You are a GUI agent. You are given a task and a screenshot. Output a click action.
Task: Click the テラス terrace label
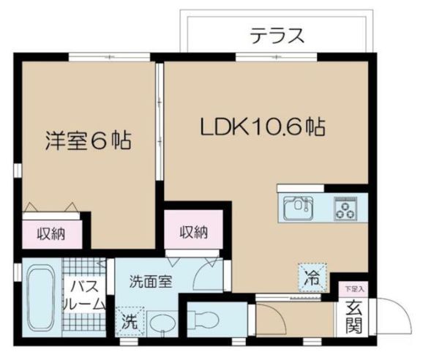(x=276, y=34)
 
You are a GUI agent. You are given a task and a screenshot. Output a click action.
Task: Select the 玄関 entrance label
(x=354, y=318)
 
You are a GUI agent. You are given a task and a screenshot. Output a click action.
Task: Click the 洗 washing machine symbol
(x=127, y=320)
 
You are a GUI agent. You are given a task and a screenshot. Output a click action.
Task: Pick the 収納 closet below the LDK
(x=192, y=232)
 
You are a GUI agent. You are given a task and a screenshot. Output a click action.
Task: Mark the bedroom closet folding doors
(x=51, y=207)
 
